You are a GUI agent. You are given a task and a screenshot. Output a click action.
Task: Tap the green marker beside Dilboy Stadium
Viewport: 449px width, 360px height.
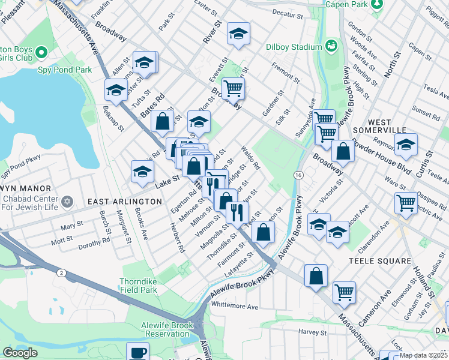point(331,46)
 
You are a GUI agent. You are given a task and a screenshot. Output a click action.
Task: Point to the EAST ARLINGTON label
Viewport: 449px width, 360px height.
point(125,202)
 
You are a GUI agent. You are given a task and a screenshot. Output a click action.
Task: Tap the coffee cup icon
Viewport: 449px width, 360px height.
point(137,351)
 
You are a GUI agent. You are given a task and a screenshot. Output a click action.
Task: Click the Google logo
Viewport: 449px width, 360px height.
point(20,353)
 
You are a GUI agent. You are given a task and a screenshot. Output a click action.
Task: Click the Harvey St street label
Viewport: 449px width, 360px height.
point(311,332)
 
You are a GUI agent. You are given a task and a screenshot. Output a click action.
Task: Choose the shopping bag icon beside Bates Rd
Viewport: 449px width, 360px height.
point(162,121)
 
